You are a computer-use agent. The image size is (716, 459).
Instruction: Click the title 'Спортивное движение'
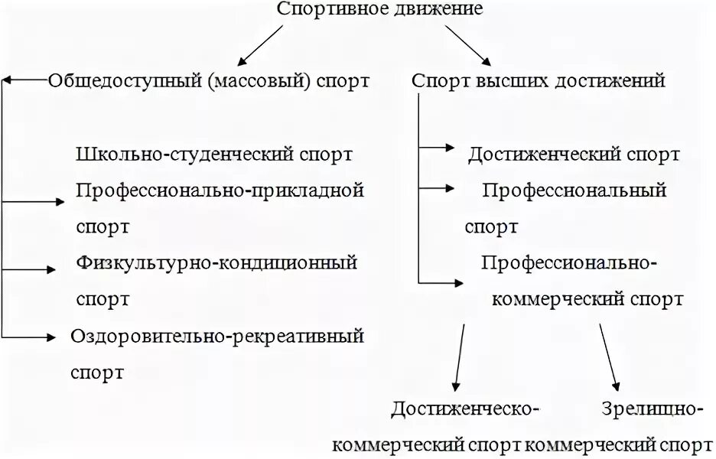tap(379, 11)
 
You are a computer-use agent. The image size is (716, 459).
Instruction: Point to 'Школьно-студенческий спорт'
tap(215, 154)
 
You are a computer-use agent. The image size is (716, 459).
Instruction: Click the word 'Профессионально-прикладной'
tap(220, 190)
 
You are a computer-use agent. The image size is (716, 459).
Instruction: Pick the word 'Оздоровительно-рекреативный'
tap(217, 336)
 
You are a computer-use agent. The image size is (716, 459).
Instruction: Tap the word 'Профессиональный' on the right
tap(574, 190)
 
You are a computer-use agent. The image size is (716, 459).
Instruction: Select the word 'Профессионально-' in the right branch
tap(569, 262)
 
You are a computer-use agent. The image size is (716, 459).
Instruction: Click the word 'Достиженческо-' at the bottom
tap(465, 409)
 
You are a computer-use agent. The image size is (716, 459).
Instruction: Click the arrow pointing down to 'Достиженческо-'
tap(459, 356)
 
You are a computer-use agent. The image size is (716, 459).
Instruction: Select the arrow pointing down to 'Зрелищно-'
tap(610, 356)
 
